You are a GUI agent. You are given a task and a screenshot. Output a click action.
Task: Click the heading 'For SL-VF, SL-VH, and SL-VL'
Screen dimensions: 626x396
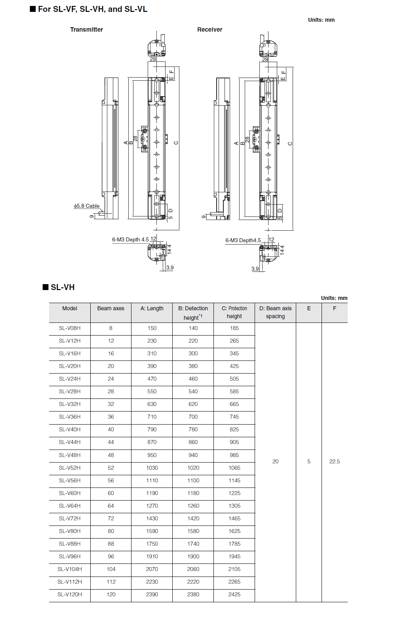[x=92, y=9]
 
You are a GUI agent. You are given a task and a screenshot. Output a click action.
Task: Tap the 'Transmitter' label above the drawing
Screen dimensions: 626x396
[x=86, y=30]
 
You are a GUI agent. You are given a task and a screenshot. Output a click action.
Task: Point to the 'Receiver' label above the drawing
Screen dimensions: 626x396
[x=209, y=30]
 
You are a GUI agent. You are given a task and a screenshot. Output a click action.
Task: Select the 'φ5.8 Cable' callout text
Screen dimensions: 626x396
[x=87, y=206]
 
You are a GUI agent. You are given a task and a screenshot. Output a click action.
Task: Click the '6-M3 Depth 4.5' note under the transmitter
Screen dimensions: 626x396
[x=130, y=239]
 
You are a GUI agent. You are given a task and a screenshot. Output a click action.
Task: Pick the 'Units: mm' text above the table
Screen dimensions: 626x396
[x=334, y=298]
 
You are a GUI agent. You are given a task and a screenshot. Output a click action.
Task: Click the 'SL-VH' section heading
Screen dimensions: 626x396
[x=62, y=287]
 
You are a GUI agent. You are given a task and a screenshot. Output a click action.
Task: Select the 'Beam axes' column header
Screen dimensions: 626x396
[x=111, y=308]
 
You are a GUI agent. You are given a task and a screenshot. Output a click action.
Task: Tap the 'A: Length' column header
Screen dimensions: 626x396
[x=152, y=308]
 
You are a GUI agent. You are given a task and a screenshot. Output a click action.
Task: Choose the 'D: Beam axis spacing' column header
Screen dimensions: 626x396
[x=275, y=312]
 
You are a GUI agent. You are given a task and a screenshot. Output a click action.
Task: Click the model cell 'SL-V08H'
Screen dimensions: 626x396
[x=70, y=328]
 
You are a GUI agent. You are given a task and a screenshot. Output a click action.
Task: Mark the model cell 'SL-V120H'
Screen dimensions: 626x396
[x=70, y=594]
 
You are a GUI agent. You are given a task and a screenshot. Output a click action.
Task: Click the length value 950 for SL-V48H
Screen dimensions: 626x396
[x=152, y=455]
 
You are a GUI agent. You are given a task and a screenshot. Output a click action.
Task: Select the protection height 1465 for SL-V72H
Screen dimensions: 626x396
[x=234, y=518]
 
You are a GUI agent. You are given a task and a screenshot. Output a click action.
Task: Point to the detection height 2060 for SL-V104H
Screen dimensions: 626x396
[x=193, y=569]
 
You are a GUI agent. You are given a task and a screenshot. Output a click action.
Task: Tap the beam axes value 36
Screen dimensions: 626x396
[x=111, y=417]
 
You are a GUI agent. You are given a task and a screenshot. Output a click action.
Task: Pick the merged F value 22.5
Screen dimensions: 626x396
[x=335, y=461]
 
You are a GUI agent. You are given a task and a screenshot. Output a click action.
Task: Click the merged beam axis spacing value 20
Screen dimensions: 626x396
[x=275, y=461]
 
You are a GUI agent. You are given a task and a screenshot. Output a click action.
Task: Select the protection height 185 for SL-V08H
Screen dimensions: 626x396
[x=234, y=328]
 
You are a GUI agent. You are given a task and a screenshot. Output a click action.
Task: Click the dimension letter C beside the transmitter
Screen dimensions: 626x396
[x=176, y=142]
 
